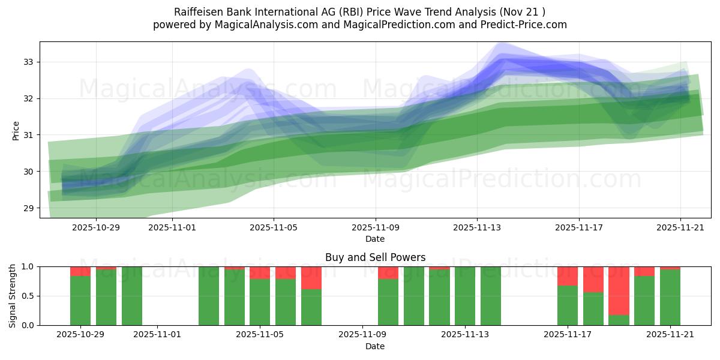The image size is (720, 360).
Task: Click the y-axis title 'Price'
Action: pyautogui.click(x=16, y=130)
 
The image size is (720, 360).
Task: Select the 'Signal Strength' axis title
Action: pyautogui.click(x=13, y=296)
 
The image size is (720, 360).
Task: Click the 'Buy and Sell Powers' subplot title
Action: pyautogui.click(x=375, y=257)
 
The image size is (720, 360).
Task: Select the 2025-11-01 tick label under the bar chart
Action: pyautogui.click(x=157, y=335)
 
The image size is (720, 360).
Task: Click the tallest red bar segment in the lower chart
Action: pyautogui.click(x=619, y=290)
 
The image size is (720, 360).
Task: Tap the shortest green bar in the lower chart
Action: pyautogui.click(x=619, y=320)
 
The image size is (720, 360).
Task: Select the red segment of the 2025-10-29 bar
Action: pyautogui.click(x=80, y=271)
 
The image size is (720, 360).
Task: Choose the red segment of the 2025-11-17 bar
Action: pyautogui.click(x=568, y=276)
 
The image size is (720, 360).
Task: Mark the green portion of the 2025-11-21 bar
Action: pyautogui.click(x=670, y=298)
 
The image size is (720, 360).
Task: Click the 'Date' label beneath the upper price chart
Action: pyautogui.click(x=375, y=239)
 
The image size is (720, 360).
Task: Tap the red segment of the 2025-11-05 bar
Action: pyautogui.click(x=260, y=273)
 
